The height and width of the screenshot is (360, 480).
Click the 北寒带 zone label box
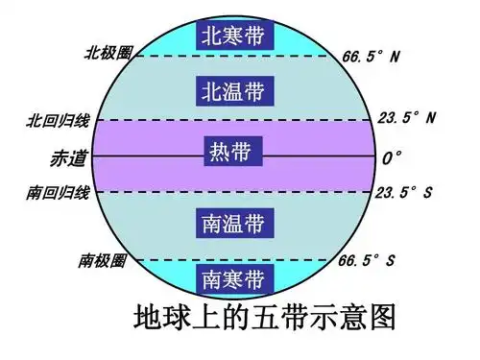pyautogui.click(x=234, y=36)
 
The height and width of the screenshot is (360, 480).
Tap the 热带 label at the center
pyautogui.click(x=234, y=153)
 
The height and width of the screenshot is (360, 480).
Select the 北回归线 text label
pyautogui.click(x=58, y=120)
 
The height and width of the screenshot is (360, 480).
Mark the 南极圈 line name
pyautogui.click(x=103, y=260)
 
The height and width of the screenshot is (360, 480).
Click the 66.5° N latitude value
pyautogui.click(x=371, y=56)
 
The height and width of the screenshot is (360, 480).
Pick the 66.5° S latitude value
pyautogui.click(x=371, y=259)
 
